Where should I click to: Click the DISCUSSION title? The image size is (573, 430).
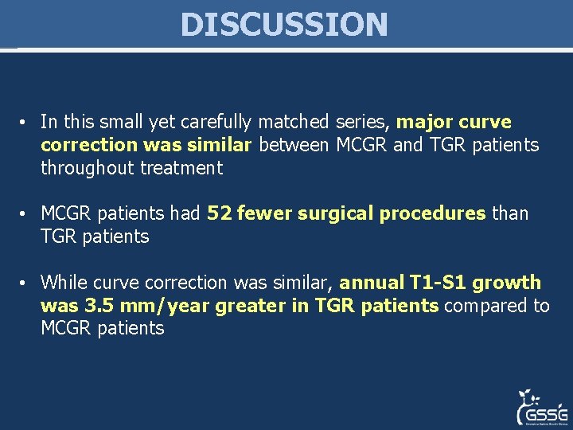pyautogui.click(x=284, y=24)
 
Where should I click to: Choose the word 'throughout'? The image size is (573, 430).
pyautogui.click(x=88, y=168)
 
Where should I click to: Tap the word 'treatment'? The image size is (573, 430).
pyautogui.click(x=182, y=168)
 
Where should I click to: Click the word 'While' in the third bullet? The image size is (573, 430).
pyautogui.click(x=62, y=283)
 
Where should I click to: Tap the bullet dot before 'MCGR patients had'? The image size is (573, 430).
pyautogui.click(x=25, y=214)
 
